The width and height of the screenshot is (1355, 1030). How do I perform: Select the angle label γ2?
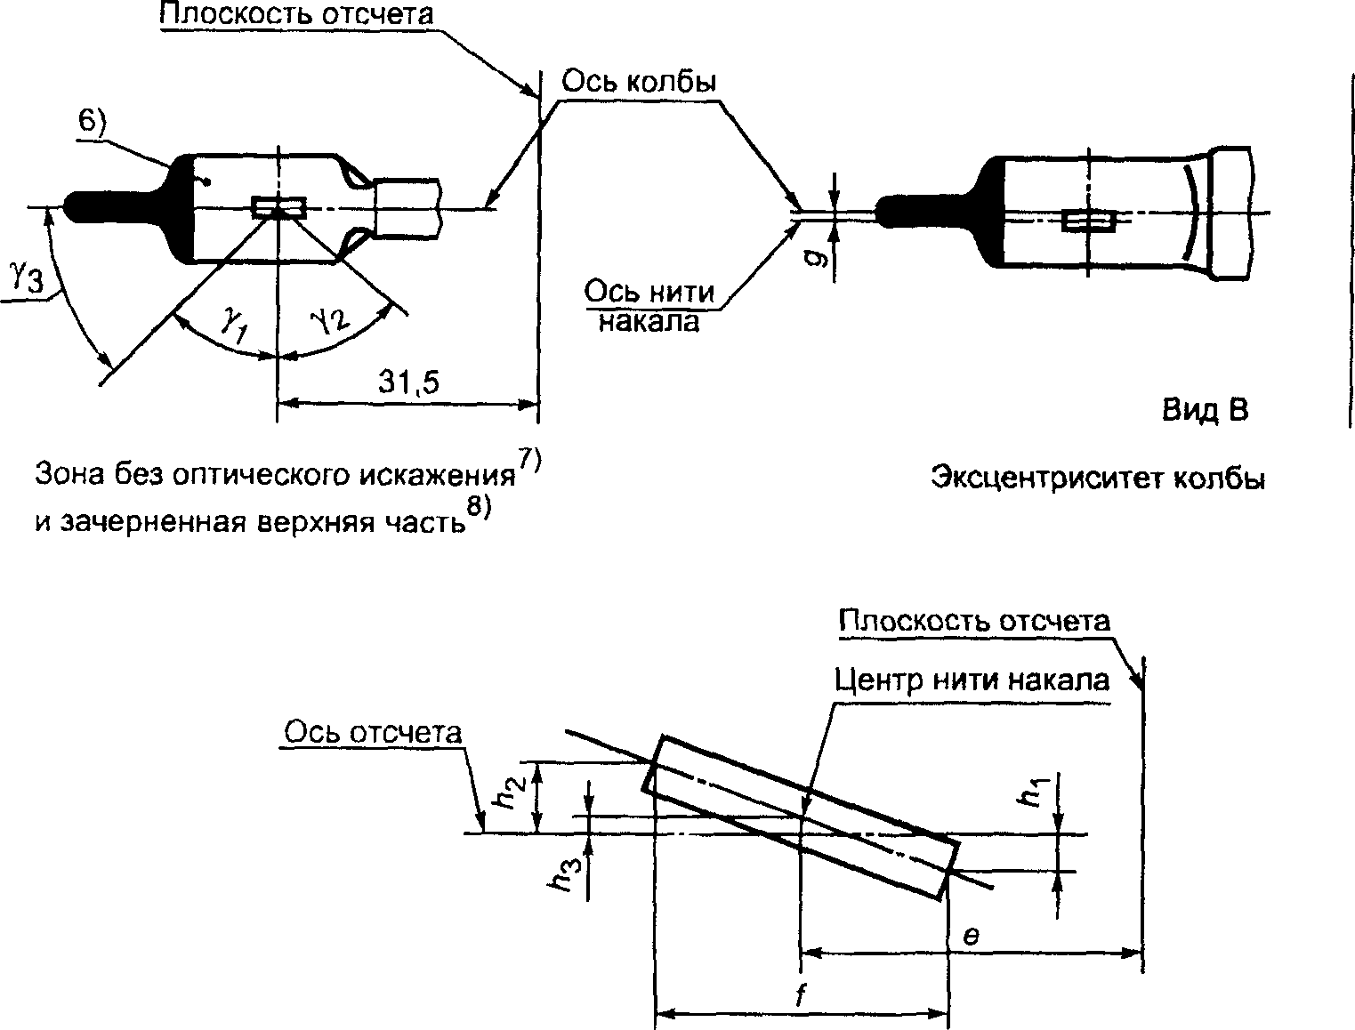pos(330,319)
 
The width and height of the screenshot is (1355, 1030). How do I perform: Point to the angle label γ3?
pos(27,276)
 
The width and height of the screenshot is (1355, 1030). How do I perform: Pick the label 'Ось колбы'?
pos(639,82)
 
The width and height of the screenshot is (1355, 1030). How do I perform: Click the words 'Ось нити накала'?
pos(649,306)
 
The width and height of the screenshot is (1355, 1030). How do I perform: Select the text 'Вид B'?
pos(1205,410)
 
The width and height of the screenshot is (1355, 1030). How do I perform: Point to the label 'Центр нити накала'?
pos(972,680)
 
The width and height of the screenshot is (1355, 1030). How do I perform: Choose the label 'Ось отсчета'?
pos(373,733)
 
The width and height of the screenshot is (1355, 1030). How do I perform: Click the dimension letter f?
pos(801,994)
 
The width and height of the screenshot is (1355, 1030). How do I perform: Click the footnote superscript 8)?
pos(479,507)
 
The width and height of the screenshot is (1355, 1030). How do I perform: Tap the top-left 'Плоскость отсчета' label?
pos(297,13)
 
